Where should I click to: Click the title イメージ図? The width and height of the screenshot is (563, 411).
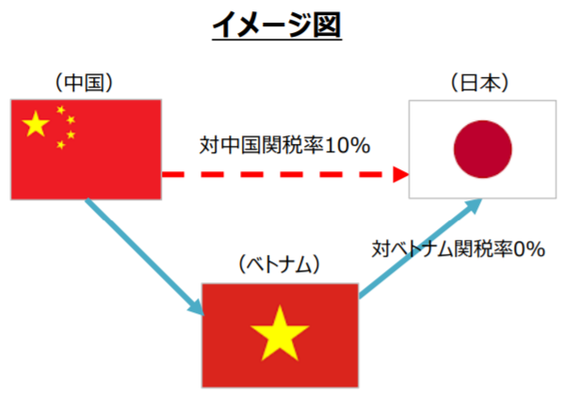coord(277,24)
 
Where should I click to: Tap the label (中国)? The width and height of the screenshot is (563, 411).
coord(84,83)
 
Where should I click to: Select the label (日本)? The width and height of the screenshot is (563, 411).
coord(480,83)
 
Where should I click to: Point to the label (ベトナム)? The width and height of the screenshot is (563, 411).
coord(279,264)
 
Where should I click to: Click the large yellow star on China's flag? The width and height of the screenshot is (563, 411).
coord(36,124)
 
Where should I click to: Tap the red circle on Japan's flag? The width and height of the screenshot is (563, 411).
coord(483,150)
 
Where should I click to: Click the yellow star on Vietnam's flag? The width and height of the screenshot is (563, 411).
coord(280,333)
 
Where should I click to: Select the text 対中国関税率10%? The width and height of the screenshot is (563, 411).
coord(284,145)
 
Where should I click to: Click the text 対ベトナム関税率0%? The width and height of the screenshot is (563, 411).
coord(458,248)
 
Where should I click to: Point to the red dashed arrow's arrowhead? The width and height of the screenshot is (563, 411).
coord(401,174)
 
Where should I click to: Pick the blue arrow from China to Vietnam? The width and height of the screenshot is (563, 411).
coord(145,258)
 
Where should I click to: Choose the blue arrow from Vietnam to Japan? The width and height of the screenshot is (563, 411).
coord(420,247)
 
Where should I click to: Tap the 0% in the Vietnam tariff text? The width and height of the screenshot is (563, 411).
coord(530,249)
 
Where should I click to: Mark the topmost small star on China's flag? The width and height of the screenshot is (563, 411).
coord(60,110)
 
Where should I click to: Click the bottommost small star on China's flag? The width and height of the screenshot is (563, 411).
coord(60,145)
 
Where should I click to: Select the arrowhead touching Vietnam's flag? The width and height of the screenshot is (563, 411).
coord(197,308)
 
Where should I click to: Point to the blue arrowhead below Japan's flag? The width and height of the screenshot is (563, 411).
coord(473,206)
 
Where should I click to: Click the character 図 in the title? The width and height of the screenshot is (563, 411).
coord(327,24)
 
